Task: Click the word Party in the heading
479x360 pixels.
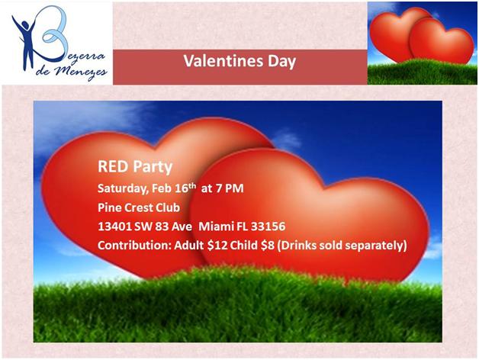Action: click(x=153, y=168)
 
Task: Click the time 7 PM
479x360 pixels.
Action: click(x=230, y=188)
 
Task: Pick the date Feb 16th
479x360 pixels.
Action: click(x=174, y=188)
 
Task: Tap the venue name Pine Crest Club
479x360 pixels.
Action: click(x=139, y=207)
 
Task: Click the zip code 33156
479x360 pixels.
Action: click(x=268, y=227)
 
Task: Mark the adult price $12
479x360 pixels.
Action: click(x=217, y=246)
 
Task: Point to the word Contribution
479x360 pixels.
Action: click(x=134, y=246)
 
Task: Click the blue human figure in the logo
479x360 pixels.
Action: click(x=27, y=40)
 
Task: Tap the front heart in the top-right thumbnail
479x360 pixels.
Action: click(x=441, y=41)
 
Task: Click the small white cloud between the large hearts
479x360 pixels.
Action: click(x=287, y=140)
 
